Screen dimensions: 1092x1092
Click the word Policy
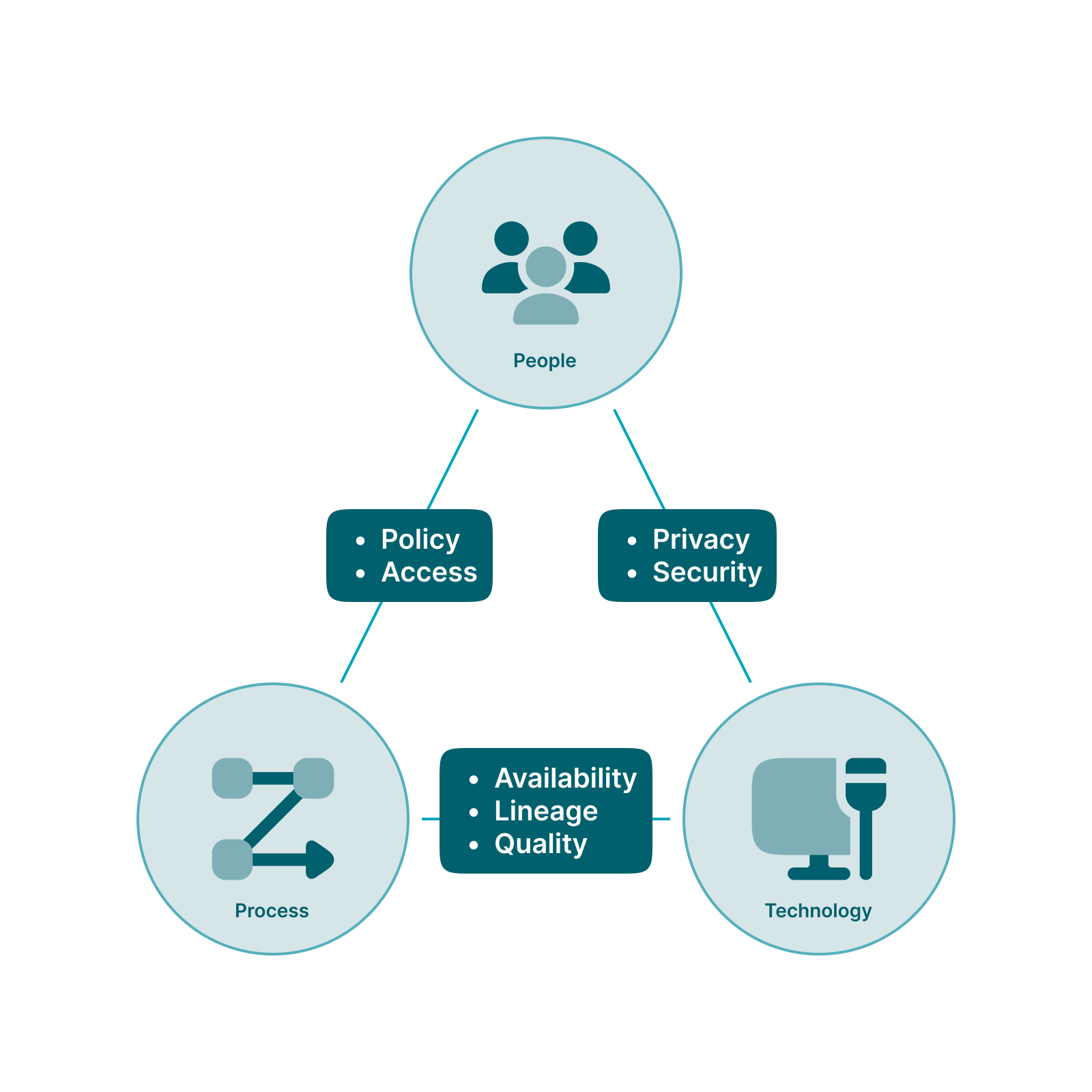(x=420, y=540)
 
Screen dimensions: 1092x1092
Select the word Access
(x=429, y=572)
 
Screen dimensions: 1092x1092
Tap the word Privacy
(x=701, y=539)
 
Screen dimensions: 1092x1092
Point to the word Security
(x=707, y=572)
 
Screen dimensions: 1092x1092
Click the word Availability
(x=565, y=778)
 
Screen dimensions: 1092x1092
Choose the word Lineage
(x=546, y=811)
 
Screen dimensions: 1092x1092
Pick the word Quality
(x=541, y=844)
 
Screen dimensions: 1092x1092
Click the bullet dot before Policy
(x=360, y=541)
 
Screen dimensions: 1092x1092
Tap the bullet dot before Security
(x=632, y=574)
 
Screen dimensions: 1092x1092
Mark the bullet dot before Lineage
(x=474, y=812)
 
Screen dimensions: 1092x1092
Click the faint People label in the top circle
(x=546, y=360)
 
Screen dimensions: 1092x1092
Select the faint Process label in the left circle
(x=273, y=911)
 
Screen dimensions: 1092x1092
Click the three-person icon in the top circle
(x=546, y=273)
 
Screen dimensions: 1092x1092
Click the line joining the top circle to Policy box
(x=452, y=459)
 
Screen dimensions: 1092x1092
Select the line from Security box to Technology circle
(x=731, y=642)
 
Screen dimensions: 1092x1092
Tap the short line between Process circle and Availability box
(x=431, y=818)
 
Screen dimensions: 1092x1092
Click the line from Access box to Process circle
(x=361, y=642)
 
